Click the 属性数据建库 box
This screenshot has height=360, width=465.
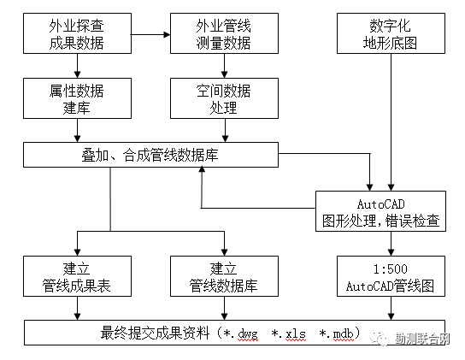[77, 98]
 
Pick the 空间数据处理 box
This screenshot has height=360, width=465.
[225, 98]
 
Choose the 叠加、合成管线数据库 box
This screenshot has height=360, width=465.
[150, 155]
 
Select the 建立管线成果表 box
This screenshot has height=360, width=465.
[77, 276]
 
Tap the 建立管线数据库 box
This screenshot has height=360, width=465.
[225, 276]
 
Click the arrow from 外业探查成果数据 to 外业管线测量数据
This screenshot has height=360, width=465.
[150, 35]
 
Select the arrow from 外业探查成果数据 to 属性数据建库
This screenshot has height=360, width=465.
[77, 66]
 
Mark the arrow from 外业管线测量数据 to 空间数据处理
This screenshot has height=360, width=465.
[225, 66]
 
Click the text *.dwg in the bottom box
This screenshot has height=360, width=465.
[240, 332]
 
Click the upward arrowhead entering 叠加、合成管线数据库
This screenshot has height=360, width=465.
[202, 171]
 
